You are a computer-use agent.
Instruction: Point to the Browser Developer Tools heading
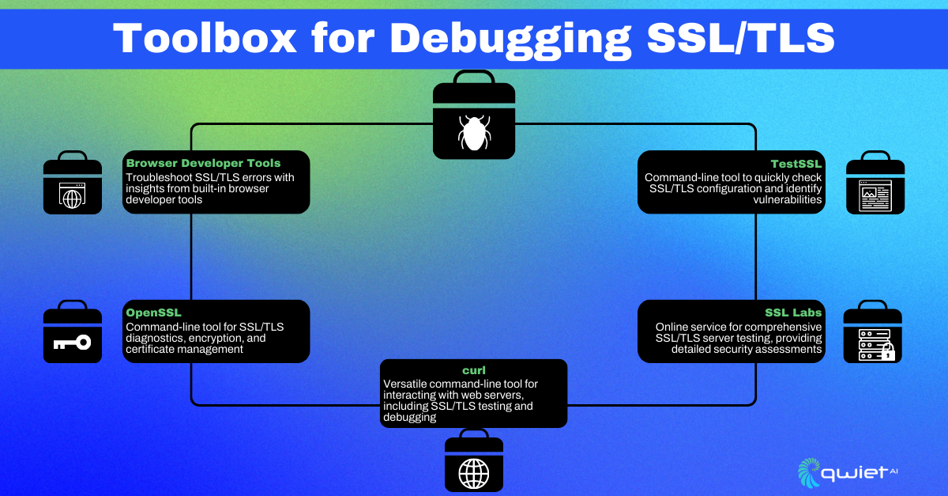click(x=203, y=164)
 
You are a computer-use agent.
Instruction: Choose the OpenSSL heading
click(x=153, y=312)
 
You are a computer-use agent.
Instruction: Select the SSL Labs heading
click(x=793, y=312)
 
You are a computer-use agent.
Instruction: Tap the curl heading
click(x=474, y=371)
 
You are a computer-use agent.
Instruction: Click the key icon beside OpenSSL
click(x=72, y=343)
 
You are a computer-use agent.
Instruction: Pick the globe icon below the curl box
click(x=473, y=473)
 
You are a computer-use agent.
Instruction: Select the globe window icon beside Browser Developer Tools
click(x=72, y=195)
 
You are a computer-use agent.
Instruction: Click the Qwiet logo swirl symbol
click(x=811, y=471)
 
